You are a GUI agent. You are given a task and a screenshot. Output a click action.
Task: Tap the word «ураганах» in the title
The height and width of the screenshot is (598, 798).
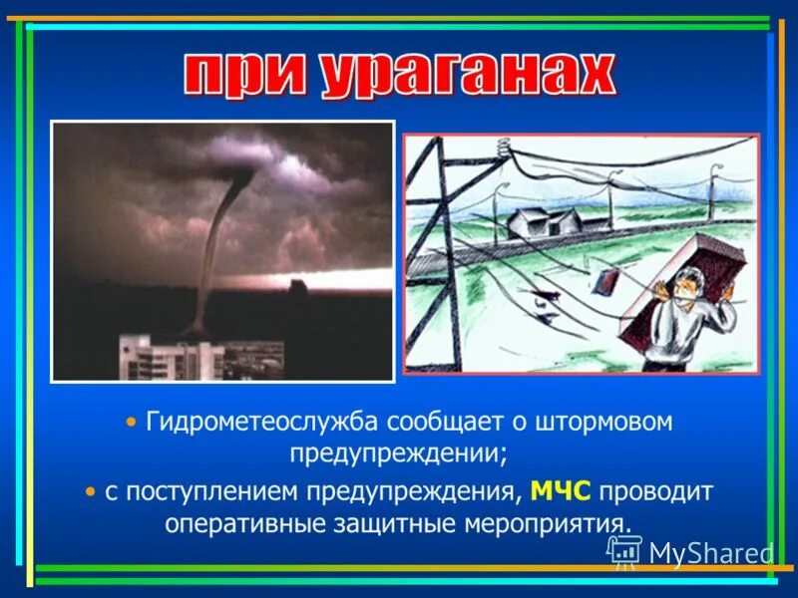(x=467, y=75)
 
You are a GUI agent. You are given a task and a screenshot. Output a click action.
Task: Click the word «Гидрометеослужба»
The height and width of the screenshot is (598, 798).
(x=261, y=422)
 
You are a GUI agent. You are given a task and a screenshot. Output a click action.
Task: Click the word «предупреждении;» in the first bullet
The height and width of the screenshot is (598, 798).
(x=399, y=453)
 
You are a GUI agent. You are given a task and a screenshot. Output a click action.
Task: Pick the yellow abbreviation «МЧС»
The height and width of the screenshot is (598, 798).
(x=561, y=491)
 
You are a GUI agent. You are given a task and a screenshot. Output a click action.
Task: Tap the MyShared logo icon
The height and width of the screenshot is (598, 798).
(x=624, y=551)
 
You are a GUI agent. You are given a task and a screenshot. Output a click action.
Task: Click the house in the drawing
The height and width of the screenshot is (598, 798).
(x=545, y=222)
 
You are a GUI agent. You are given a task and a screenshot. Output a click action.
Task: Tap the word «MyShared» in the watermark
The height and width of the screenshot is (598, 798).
(x=710, y=553)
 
